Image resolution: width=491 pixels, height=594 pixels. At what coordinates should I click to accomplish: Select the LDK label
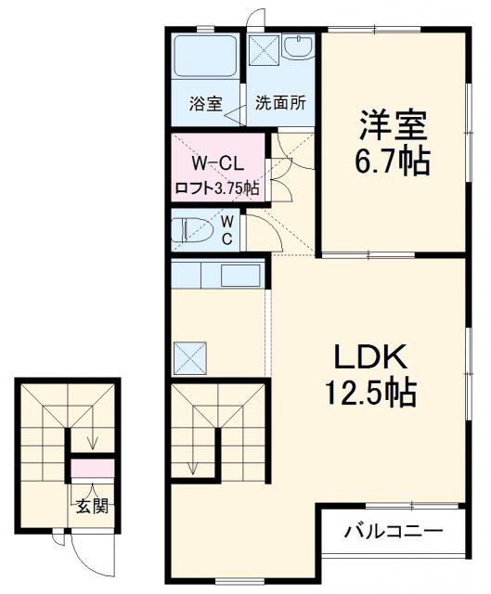[368, 357]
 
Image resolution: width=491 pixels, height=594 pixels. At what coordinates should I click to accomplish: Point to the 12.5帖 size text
[368, 394]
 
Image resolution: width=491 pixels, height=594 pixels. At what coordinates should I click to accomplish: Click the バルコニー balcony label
[393, 533]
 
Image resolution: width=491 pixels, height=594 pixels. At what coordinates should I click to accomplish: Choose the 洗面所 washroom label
[281, 104]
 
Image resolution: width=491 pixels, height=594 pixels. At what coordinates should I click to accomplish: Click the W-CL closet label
[217, 164]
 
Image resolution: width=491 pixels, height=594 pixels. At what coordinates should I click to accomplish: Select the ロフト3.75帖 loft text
[217, 187]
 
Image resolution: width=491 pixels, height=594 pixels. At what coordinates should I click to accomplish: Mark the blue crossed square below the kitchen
[191, 356]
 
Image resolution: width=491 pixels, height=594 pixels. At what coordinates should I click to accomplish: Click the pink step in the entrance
[92, 469]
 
